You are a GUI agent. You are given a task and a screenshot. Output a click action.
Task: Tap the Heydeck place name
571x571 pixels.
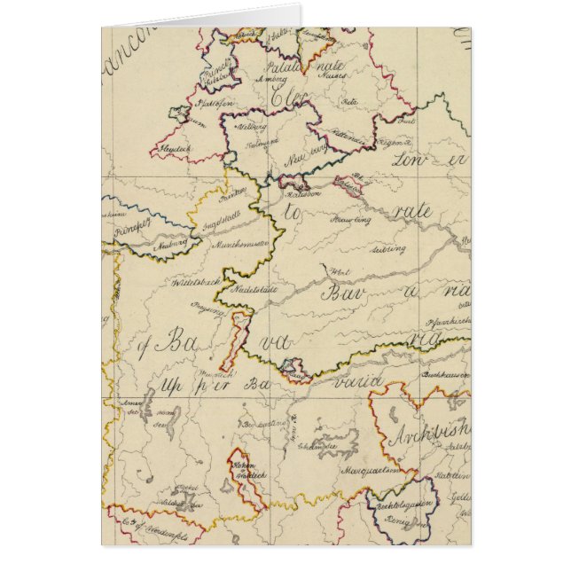point(177,149)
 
